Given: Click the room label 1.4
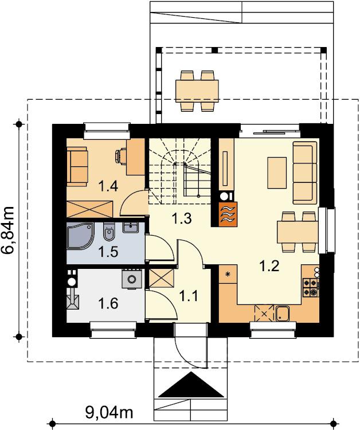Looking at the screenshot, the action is (x=108, y=186).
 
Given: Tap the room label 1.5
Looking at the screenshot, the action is (x=108, y=252).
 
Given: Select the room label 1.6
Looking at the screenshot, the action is (x=108, y=303).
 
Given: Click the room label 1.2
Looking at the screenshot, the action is (x=269, y=266).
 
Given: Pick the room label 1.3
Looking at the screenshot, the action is (x=181, y=218).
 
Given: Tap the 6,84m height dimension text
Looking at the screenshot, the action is (x=8, y=230).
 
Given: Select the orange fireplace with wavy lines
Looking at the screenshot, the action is (x=228, y=214).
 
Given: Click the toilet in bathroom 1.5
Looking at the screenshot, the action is (x=109, y=232).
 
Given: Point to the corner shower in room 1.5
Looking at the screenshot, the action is (x=80, y=236).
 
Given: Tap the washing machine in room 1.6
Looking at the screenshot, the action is (x=132, y=279).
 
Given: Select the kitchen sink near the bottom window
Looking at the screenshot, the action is (x=283, y=313).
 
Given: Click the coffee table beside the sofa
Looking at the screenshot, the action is (x=277, y=173).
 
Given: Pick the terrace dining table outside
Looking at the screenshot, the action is (x=197, y=91).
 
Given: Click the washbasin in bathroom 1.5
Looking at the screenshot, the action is (x=131, y=228).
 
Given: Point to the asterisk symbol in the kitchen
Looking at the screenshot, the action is (x=228, y=273).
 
